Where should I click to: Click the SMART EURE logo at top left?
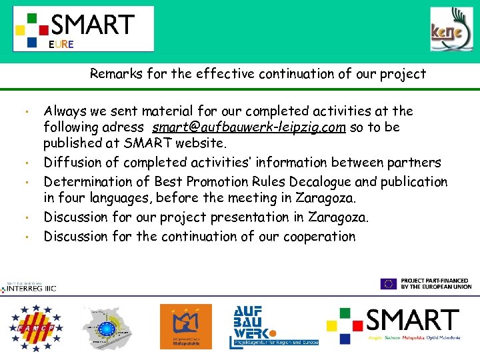83,29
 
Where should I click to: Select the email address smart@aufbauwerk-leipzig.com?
249,127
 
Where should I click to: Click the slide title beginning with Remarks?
258,74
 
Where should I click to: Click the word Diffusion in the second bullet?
71,163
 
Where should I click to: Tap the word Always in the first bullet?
65,111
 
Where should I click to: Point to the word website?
203,143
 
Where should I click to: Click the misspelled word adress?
125,127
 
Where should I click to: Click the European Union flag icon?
389,283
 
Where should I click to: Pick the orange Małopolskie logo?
185,326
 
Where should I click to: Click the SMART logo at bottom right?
393,324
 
